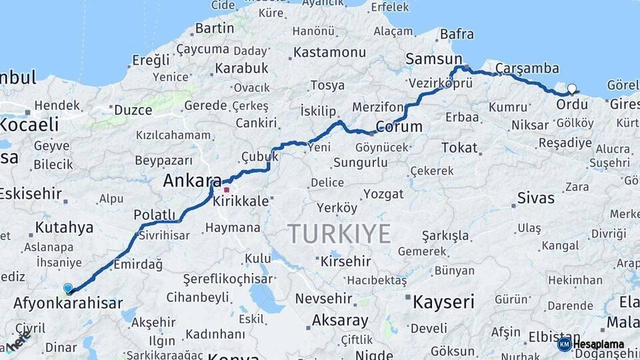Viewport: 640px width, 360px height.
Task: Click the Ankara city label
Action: pos(192,181)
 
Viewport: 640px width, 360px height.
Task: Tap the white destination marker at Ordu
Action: pos(572,89)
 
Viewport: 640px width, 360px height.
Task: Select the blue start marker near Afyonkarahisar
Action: pos(68,288)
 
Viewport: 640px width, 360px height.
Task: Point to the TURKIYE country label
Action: pos(339,234)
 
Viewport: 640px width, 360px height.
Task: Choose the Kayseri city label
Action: pos(443,301)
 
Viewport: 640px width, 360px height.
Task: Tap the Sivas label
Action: pos(536,198)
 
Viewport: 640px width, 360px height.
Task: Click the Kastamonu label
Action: pos(329,52)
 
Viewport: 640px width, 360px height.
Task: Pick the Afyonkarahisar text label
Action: pos(68,304)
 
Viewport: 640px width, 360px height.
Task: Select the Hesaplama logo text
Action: pos(599,345)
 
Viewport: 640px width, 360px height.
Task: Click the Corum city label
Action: pos(399,127)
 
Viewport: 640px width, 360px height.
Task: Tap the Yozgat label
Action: pos(383,194)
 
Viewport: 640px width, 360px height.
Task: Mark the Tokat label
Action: pos(459,148)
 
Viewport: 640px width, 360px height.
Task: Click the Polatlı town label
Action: pos(154,214)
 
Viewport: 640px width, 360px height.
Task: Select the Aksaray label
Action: pos(340,321)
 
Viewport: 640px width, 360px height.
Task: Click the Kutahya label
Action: pos(64,227)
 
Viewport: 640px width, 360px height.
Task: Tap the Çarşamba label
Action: pos(527,68)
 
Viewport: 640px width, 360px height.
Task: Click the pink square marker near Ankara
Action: pos(227,189)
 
